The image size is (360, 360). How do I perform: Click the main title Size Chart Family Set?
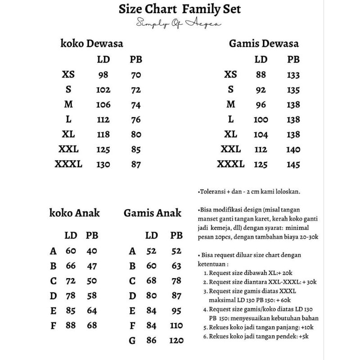click(x=180, y=9)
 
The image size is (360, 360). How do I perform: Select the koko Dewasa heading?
click(x=92, y=44)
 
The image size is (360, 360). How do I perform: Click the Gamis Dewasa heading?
click(x=264, y=44)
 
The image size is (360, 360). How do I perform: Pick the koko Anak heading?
click(x=75, y=213)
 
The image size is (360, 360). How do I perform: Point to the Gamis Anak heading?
click(x=153, y=213)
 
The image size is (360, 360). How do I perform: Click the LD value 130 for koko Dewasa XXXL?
click(x=103, y=164)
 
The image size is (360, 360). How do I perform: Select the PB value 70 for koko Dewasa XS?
click(x=135, y=75)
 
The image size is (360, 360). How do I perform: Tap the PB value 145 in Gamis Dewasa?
click(x=293, y=165)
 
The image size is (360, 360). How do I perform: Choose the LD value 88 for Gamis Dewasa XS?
click(x=261, y=75)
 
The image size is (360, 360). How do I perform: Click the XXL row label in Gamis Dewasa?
click(x=230, y=149)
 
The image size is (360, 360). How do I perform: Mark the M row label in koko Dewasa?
click(x=68, y=105)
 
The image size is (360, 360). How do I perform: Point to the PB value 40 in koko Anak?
click(x=92, y=251)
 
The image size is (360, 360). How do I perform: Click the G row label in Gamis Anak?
click(x=132, y=341)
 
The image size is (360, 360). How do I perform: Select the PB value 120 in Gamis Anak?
click(x=176, y=341)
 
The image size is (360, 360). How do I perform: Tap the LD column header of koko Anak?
click(x=71, y=235)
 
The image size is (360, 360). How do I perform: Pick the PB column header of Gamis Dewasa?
click(x=293, y=59)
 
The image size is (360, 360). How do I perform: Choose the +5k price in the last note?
click(x=303, y=336)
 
